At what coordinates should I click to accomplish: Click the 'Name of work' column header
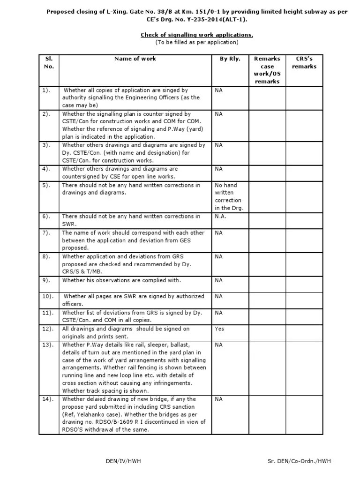(x=135, y=59)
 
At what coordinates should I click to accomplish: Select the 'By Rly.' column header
(x=230, y=59)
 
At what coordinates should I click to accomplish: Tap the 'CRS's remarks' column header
(x=304, y=62)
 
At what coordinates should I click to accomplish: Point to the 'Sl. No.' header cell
(x=49, y=62)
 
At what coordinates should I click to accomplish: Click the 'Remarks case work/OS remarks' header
(x=267, y=70)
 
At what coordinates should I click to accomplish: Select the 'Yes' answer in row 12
(x=219, y=329)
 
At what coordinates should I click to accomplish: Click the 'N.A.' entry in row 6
(x=221, y=217)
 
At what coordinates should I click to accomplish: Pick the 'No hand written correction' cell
(x=229, y=196)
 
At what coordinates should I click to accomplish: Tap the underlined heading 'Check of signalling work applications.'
(x=197, y=35)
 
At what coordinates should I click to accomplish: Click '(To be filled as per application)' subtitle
(x=197, y=42)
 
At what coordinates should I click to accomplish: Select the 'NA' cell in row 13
(x=218, y=345)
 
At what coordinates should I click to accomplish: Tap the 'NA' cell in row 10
(x=218, y=296)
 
